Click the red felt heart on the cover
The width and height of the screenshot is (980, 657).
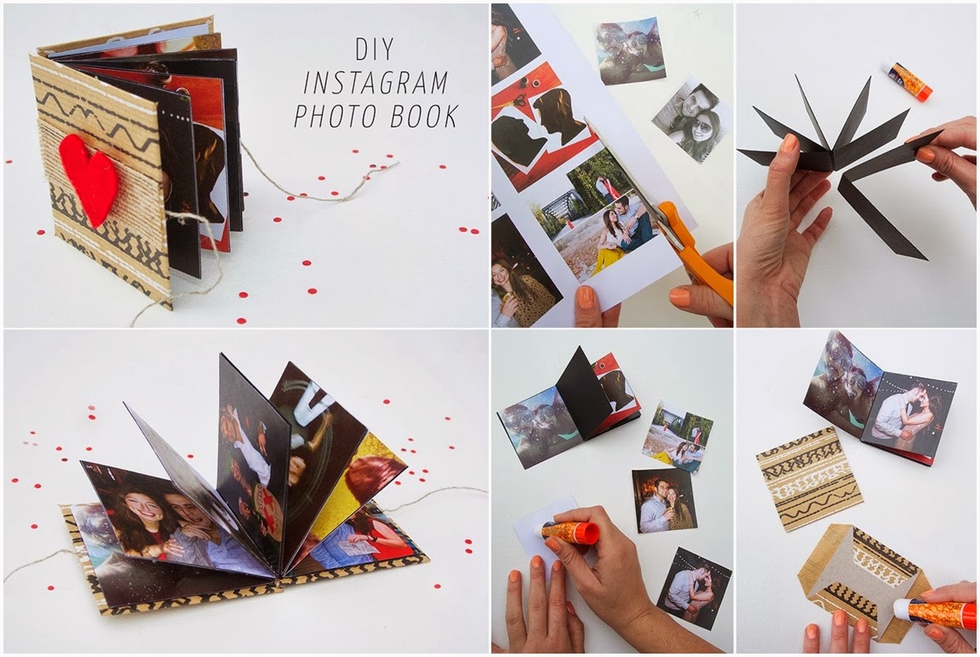point(89,177)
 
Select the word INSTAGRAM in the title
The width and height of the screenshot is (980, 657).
point(375,82)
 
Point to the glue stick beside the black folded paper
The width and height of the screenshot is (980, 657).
point(908,79)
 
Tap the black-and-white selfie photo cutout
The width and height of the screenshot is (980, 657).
point(692,119)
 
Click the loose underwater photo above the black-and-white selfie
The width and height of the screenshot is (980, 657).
point(630,50)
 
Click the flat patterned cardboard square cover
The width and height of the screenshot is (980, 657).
point(809,478)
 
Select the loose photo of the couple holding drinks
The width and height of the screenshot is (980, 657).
point(664,500)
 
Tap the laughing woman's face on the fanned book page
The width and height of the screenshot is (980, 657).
point(140,506)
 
